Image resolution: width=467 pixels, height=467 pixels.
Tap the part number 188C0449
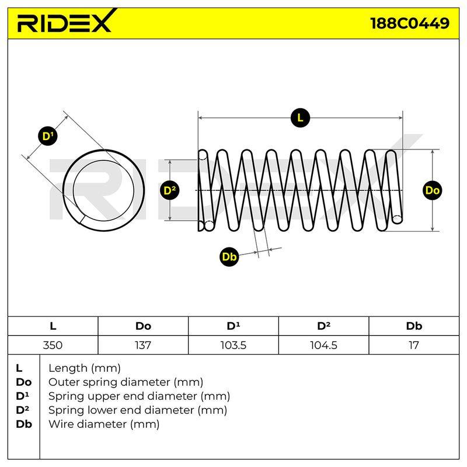click(x=410, y=23)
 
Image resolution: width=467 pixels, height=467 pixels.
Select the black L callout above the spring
click(x=300, y=118)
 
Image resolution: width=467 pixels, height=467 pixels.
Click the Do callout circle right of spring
click(x=432, y=190)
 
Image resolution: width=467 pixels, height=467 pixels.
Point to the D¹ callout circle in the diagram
click(x=48, y=136)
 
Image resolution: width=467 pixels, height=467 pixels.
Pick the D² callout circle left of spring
click(x=169, y=190)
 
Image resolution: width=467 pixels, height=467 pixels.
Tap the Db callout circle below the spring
click(x=229, y=256)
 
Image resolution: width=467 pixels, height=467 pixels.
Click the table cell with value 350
click(x=53, y=345)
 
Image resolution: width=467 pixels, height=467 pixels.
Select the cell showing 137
click(x=143, y=345)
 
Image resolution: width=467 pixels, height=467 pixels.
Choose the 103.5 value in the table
click(x=233, y=345)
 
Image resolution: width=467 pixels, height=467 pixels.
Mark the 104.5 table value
click(x=323, y=345)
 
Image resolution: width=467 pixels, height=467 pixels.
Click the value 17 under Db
click(x=414, y=345)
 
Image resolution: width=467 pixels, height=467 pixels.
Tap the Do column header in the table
click(x=143, y=326)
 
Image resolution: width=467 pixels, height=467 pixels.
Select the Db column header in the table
click(x=414, y=326)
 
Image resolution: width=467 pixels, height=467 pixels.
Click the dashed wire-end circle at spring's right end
click(x=397, y=219)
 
